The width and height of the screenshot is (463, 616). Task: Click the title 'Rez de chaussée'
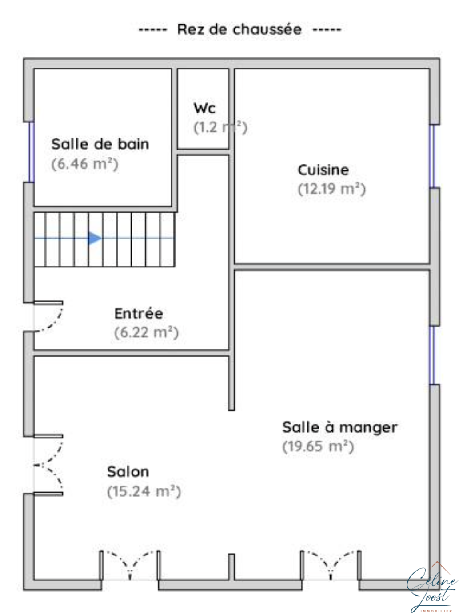point(239,29)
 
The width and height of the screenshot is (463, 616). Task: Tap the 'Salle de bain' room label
point(100,144)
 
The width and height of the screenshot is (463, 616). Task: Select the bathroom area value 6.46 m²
point(85,164)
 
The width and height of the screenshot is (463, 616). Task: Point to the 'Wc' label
point(204,108)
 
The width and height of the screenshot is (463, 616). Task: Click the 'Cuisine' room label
point(323,170)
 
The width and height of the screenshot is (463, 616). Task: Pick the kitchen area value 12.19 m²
point(331,189)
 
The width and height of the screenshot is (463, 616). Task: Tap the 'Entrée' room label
point(139,313)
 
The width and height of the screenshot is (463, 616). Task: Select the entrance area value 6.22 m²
point(147,332)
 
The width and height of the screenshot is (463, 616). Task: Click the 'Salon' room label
point(128,472)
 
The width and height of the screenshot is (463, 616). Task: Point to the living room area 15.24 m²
point(144,491)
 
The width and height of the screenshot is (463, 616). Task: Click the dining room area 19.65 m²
point(318,446)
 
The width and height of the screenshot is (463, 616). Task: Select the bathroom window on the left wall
point(32,152)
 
